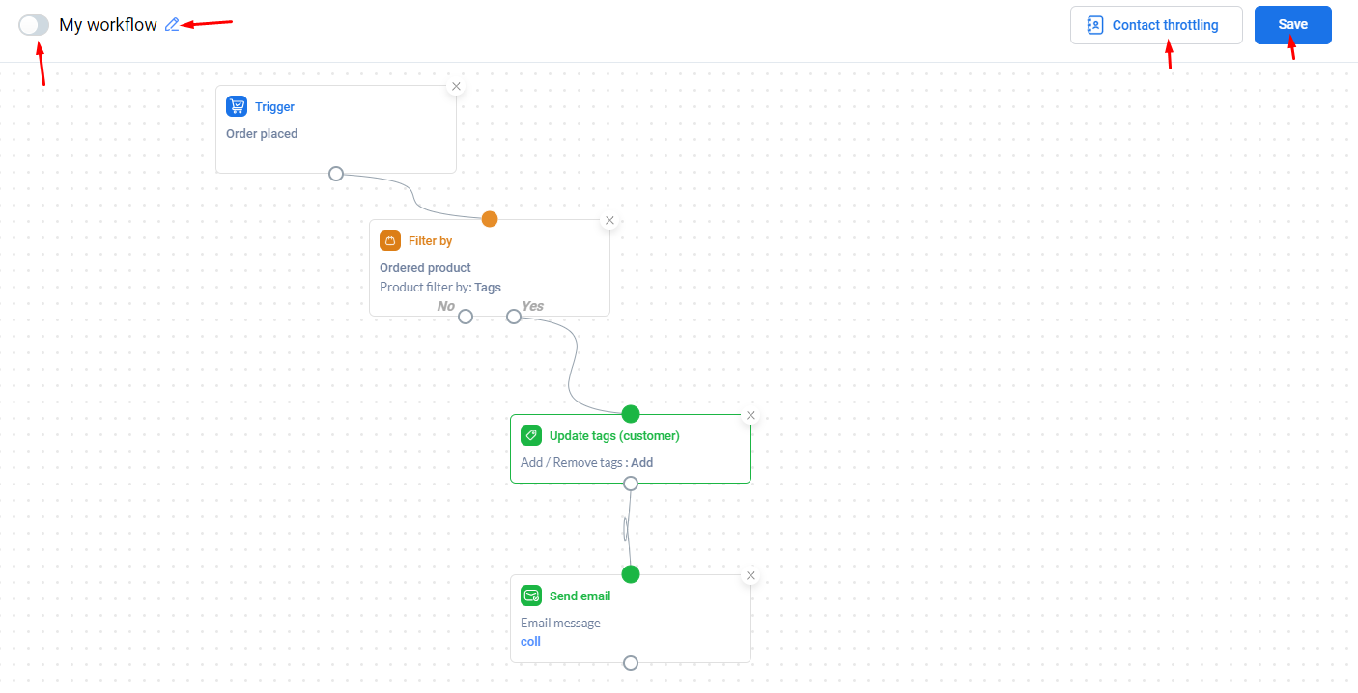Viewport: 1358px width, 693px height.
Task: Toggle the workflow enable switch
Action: point(34,25)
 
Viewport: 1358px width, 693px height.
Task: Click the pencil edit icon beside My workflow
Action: point(172,24)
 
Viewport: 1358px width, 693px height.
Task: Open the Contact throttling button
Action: point(1156,25)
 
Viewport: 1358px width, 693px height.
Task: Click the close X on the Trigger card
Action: point(456,87)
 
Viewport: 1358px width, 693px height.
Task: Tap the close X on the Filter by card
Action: point(609,220)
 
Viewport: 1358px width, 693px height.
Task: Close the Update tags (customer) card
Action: point(750,416)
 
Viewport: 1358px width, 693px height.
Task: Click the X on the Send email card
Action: point(750,575)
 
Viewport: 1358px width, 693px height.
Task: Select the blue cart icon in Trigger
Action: point(237,106)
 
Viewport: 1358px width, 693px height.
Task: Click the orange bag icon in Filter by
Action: point(390,240)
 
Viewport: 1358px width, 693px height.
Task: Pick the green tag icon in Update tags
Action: point(531,435)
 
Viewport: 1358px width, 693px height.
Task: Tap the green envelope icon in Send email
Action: point(531,596)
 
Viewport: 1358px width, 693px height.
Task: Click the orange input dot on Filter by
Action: point(490,219)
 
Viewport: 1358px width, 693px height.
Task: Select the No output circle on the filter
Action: point(465,317)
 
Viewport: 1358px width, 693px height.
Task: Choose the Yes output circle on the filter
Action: point(514,317)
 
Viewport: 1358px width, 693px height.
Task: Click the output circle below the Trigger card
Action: point(336,174)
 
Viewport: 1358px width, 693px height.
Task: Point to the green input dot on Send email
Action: point(631,574)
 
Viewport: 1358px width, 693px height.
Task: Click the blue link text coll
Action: point(530,642)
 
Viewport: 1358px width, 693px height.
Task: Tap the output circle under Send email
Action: point(631,663)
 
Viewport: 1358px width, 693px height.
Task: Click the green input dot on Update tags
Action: point(631,414)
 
